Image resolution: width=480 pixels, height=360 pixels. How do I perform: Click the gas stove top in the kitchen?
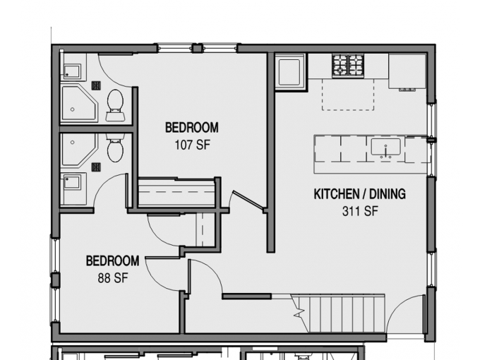348,66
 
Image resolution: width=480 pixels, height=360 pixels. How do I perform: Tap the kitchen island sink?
385,148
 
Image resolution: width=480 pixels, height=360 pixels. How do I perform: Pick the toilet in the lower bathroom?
115,148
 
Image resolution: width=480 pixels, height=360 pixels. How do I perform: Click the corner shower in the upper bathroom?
79,104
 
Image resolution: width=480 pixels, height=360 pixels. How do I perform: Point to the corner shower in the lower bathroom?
79,150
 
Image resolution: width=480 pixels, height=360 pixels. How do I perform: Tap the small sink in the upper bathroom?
72,71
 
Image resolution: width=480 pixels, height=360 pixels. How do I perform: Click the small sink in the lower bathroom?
72,182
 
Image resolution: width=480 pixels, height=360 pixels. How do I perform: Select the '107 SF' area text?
193,145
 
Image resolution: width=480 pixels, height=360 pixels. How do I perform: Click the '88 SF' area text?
113,278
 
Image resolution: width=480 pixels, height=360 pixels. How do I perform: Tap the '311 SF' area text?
360,211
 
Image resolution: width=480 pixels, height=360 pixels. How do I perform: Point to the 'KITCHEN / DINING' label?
360,194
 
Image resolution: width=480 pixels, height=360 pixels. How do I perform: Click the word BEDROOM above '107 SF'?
192,127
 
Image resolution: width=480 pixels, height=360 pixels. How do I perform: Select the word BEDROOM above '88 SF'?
113,260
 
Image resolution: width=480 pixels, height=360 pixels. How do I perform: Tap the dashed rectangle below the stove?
348,95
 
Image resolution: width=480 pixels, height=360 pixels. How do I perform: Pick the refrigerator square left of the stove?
289,73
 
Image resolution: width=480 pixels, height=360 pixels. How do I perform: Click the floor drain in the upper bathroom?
96,85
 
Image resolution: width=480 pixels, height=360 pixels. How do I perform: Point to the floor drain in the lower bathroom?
96,167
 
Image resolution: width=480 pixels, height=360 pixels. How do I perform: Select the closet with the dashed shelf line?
176,192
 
